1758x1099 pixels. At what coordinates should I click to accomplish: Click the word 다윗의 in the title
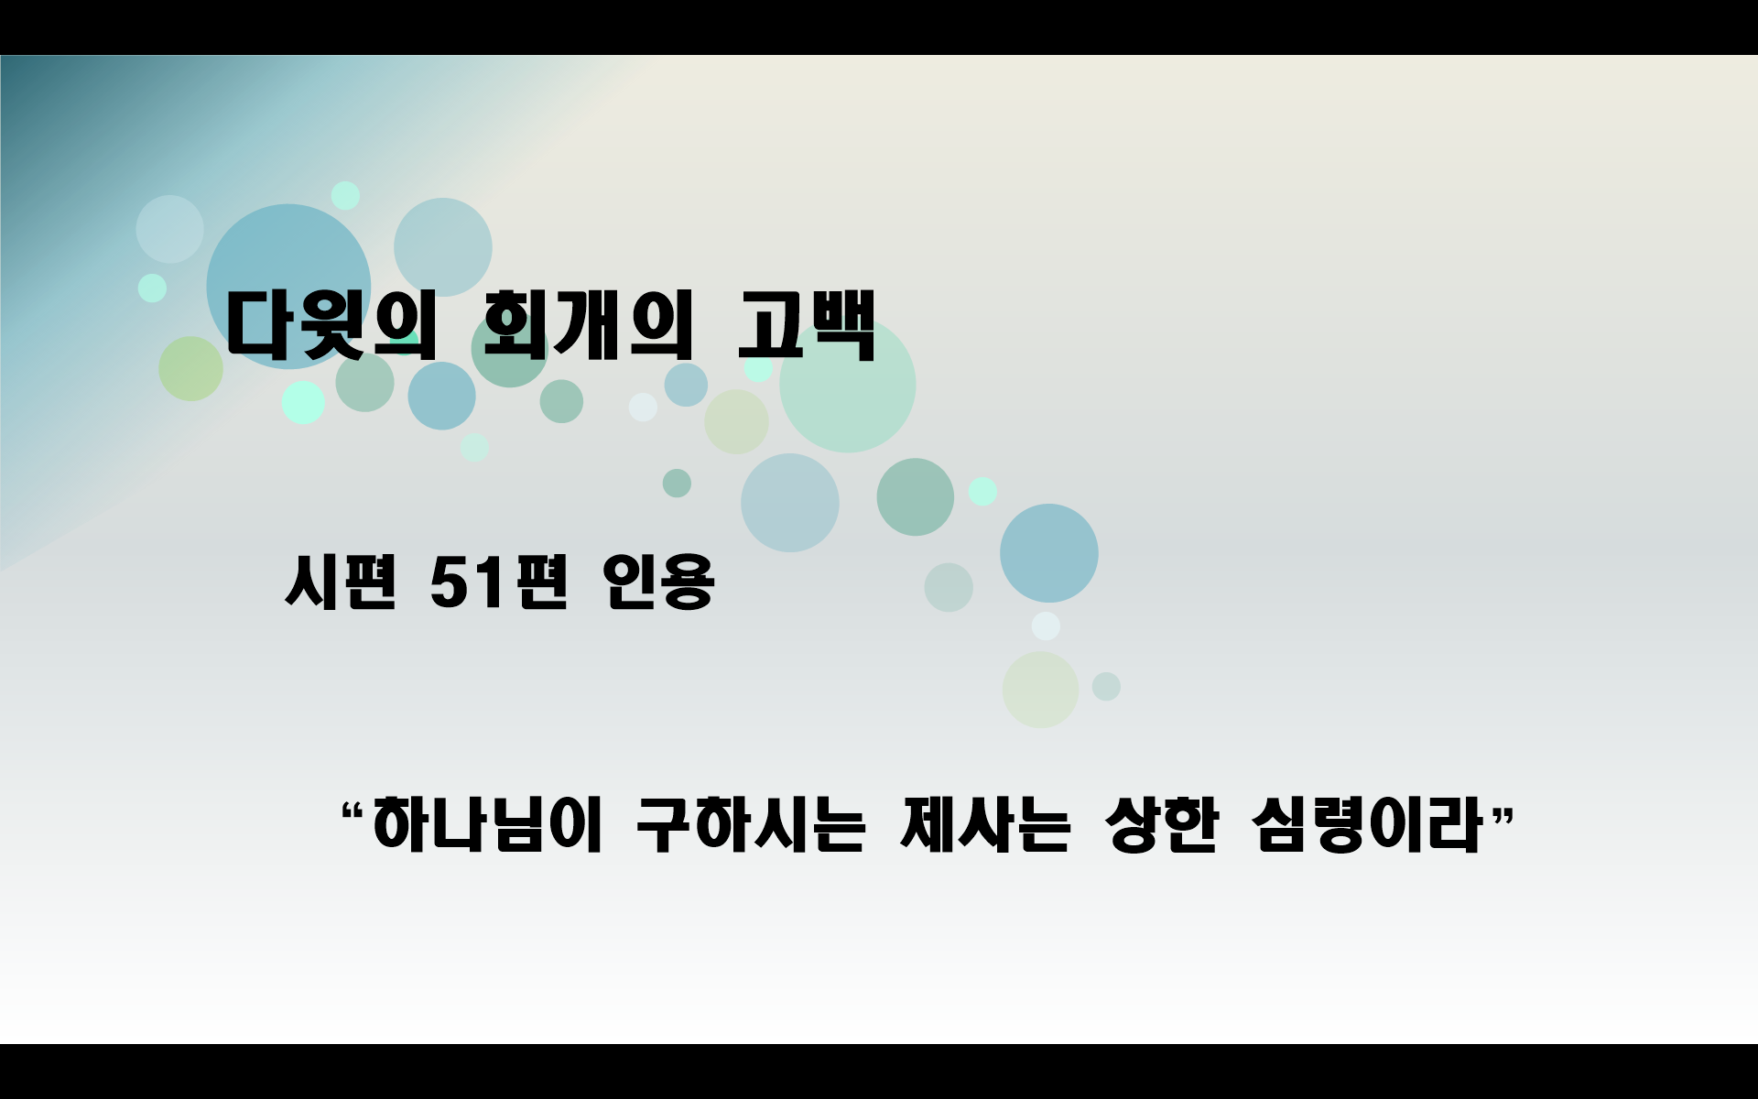click(330, 325)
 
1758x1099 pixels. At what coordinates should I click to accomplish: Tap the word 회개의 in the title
click(587, 325)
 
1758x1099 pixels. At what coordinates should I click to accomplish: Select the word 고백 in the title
click(807, 325)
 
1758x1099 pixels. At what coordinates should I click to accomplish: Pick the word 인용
click(657, 582)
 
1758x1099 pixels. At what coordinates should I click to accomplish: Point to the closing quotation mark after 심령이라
click(1503, 811)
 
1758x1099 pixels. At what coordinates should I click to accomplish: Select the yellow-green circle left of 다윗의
click(190, 368)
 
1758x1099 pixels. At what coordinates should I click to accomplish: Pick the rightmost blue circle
click(1048, 553)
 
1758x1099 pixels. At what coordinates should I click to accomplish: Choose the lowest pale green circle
click(1040, 690)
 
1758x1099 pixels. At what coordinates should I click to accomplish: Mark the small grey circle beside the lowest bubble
click(1106, 686)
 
